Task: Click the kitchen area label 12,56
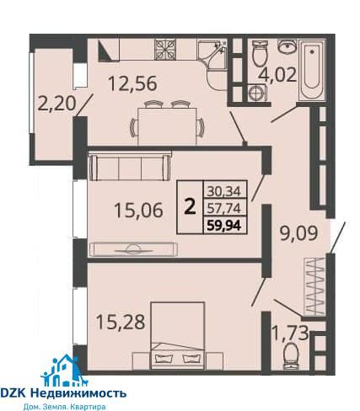point(132,83)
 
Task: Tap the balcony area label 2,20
point(57,103)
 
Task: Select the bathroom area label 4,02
point(277,75)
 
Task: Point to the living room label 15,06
point(138,210)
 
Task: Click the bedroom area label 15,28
point(121,322)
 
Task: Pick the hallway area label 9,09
point(299,233)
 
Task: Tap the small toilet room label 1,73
point(290,333)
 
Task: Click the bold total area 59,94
point(224,225)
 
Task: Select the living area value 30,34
point(224,192)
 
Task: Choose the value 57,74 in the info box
point(224,208)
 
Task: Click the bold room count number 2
point(190,207)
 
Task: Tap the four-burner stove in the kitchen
point(165,50)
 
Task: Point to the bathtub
point(312,70)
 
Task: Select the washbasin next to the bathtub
point(287,46)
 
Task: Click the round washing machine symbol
point(256,93)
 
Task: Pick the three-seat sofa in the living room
point(130,168)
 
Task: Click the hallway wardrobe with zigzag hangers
point(314,286)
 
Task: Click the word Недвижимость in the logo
point(78,393)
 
